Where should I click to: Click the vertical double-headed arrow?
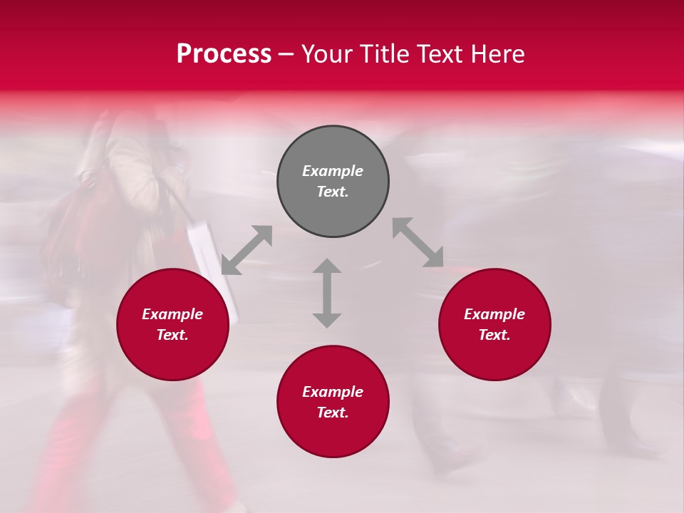327,293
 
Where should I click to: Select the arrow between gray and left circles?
247,250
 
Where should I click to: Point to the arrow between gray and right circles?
418,242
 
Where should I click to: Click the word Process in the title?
224,54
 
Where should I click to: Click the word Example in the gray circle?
333,171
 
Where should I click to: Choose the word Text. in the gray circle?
333,192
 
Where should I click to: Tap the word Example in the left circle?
172,314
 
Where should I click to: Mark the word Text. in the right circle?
494,335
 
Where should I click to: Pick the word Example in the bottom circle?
333,392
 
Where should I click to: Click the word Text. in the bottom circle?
333,413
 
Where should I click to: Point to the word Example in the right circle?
494,314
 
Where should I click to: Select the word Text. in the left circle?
172,335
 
